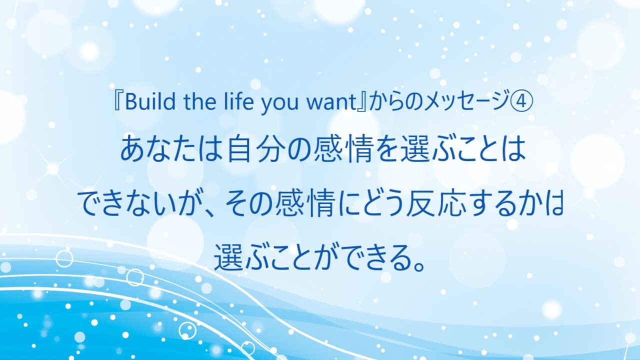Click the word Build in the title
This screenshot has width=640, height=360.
click(x=150, y=101)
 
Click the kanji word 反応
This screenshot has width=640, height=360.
click(x=435, y=205)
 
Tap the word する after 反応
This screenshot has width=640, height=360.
click(x=488, y=205)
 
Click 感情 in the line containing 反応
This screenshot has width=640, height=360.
click(x=304, y=205)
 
